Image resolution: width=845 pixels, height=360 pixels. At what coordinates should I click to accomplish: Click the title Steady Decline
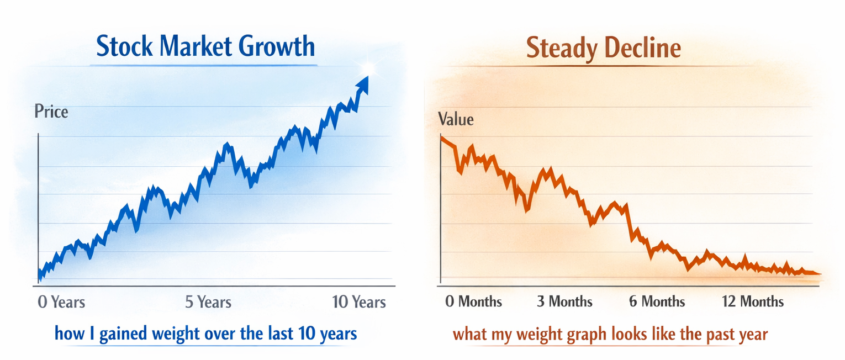click(604, 48)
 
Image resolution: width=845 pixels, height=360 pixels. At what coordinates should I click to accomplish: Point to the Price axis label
click(51, 112)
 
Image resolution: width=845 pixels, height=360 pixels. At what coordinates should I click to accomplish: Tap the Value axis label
click(456, 119)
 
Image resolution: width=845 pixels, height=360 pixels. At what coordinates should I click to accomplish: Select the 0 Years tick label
click(61, 302)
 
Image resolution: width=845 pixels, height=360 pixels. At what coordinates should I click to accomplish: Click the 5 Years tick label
click(208, 302)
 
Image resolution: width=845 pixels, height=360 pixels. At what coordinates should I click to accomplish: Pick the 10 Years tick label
click(359, 302)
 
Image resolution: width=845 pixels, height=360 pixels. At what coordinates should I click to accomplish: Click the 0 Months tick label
click(473, 301)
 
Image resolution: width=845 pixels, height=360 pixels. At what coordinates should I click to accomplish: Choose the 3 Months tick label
click(565, 301)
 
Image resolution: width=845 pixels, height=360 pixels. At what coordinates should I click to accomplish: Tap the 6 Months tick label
click(657, 301)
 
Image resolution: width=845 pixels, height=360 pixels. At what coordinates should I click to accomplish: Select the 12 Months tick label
click(753, 301)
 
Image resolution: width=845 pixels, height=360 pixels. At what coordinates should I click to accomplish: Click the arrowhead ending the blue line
click(362, 85)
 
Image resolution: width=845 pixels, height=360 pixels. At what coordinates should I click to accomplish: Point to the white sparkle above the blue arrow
click(368, 68)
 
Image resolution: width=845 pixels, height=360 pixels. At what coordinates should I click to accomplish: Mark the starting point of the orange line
click(441, 138)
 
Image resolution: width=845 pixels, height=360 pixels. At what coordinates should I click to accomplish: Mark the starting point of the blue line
click(39, 278)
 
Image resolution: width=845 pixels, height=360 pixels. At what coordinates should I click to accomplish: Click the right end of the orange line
click(820, 274)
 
